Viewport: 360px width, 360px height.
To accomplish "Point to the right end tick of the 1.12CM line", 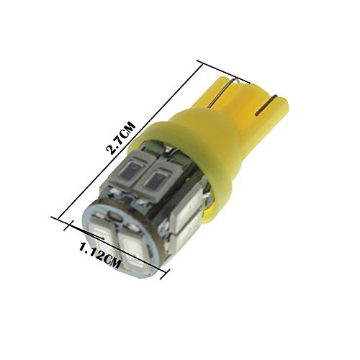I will [x=166, y=274].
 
